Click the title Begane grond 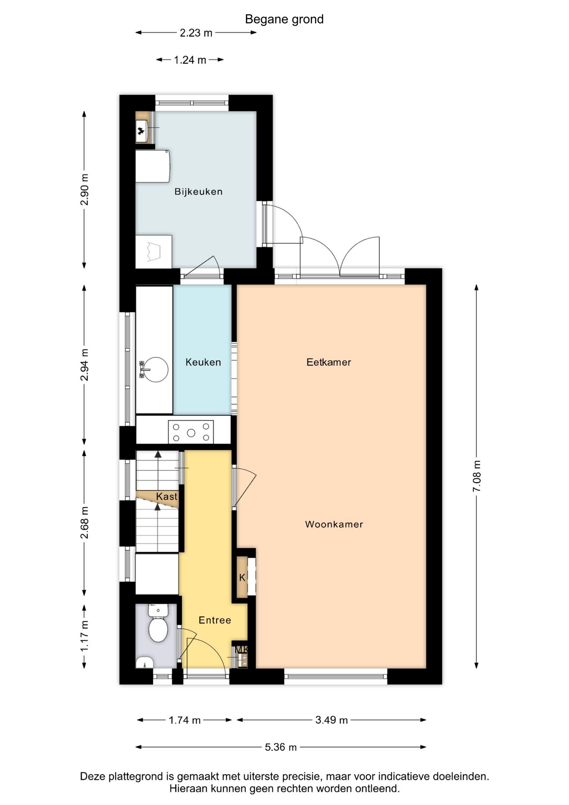pos(284,19)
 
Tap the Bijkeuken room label pos(198,192)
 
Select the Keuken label pos(203,362)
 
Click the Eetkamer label pos(328,362)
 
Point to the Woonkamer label pos(334,524)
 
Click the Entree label pos(215,620)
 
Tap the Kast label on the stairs pos(166,496)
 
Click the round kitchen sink pos(155,369)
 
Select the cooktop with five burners pos(191,432)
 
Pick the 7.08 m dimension pos(477,476)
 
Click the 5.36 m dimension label pos(280,747)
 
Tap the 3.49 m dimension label pos(331,720)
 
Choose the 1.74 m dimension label pos(184,720)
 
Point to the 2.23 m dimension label pos(196,33)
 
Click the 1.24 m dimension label pos(190,60)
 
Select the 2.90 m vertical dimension pos(84,190)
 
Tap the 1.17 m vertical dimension pos(84,636)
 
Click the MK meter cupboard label pos(242,649)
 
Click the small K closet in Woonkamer pos(242,577)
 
